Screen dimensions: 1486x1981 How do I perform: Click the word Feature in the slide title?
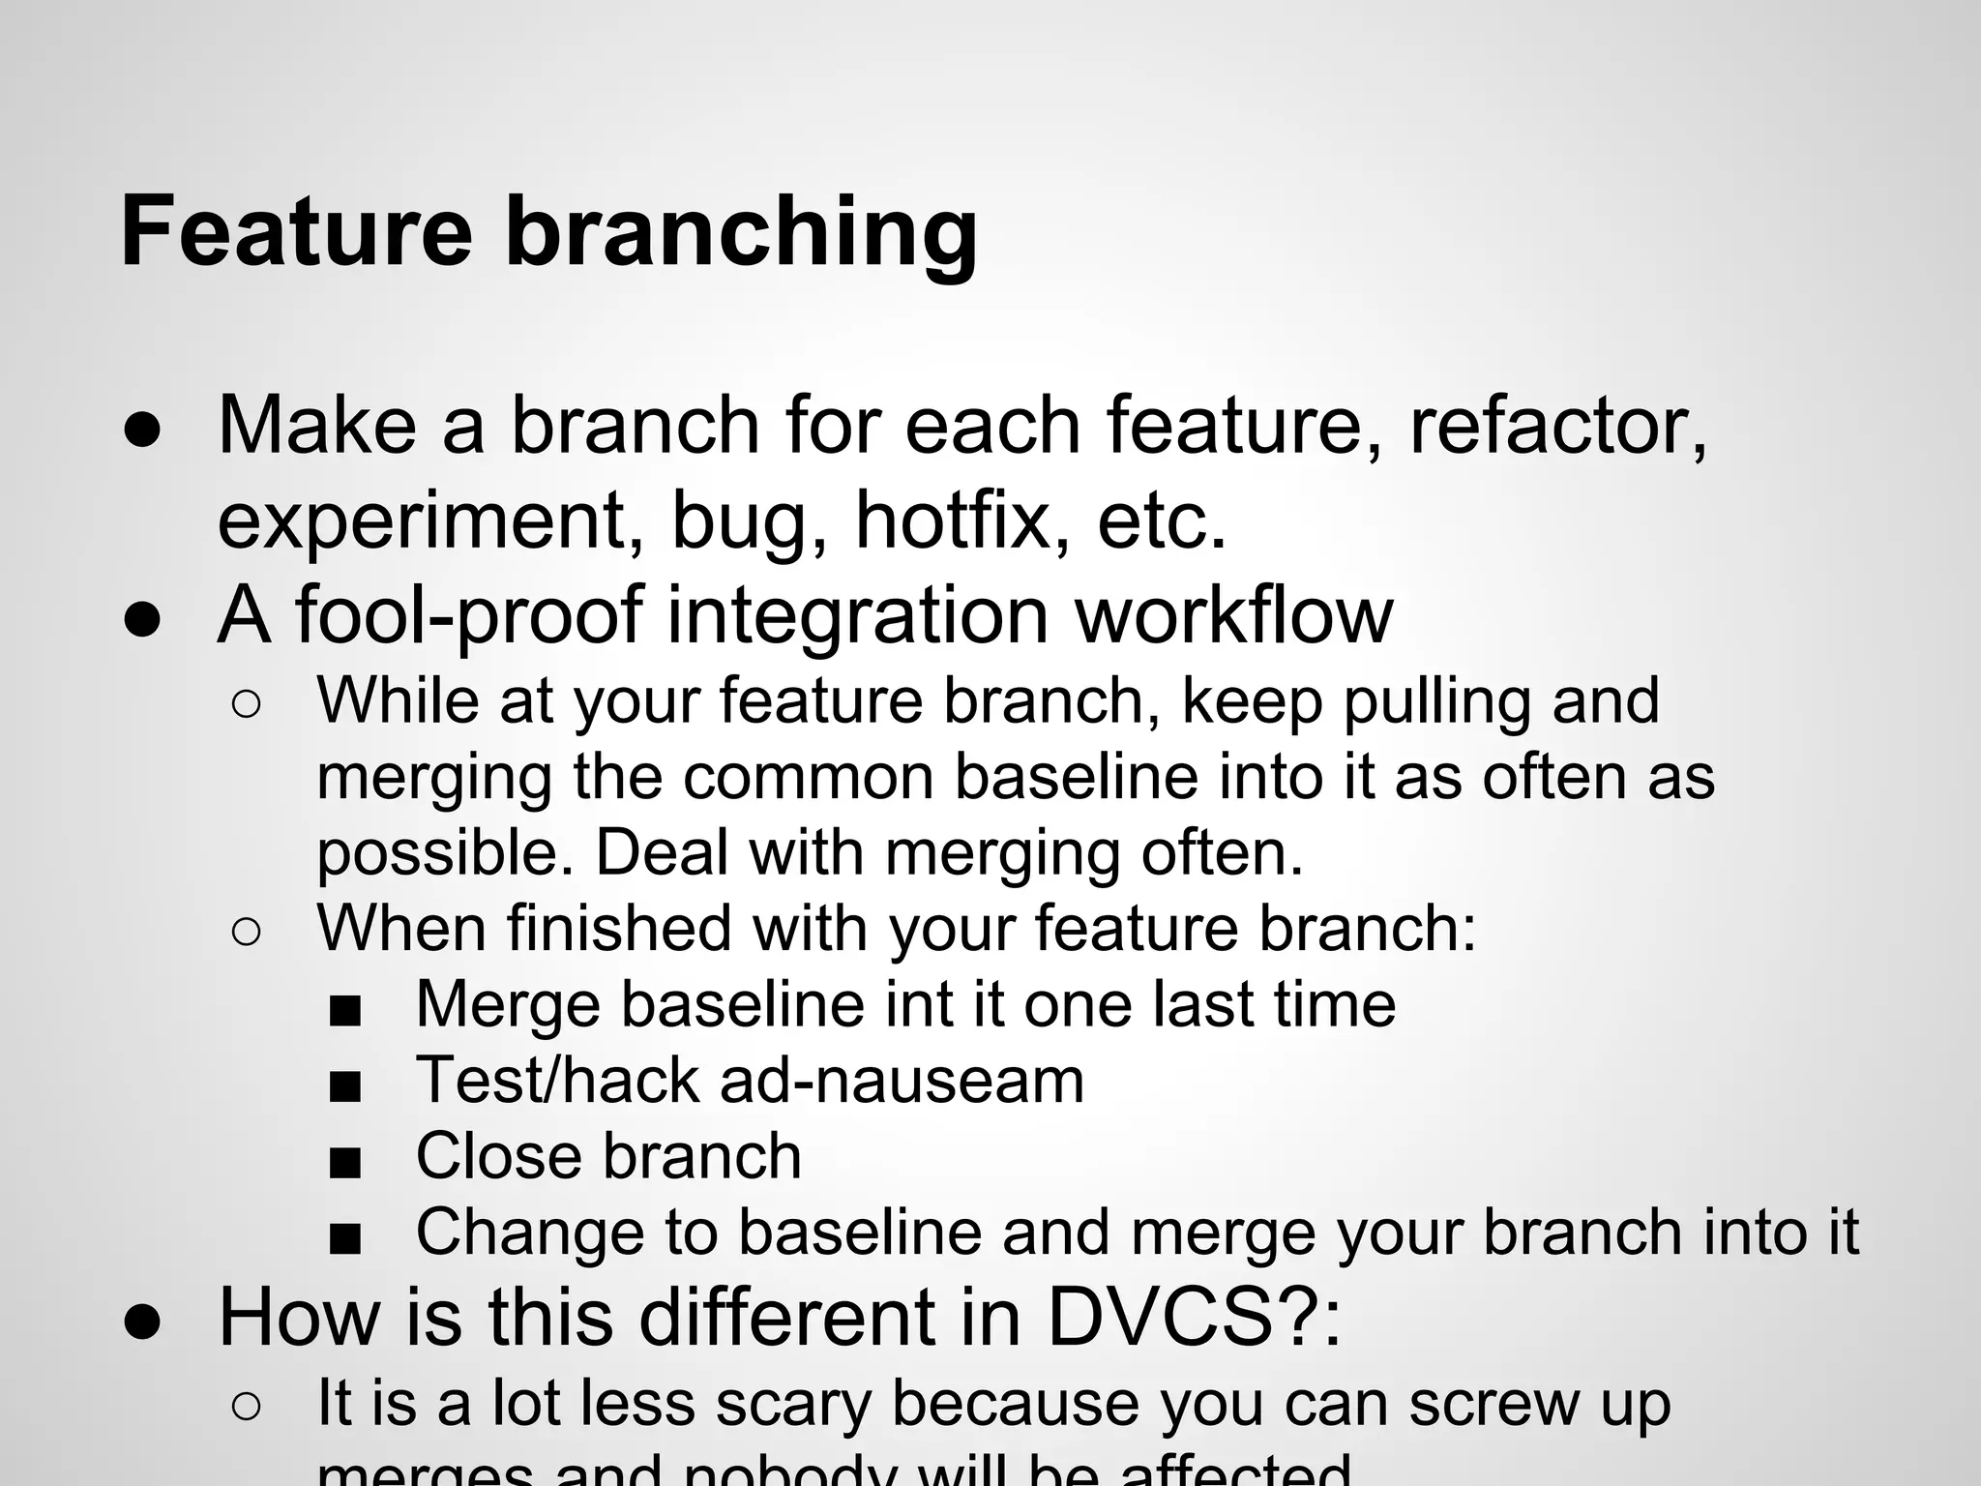tap(296, 232)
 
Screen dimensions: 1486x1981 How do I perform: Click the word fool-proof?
tap(470, 616)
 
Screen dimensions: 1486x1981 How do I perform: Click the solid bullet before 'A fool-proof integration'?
tap(142, 618)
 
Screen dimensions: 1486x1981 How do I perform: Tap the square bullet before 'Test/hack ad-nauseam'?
tap(344, 1086)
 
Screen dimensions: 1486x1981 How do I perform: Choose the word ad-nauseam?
tap(902, 1081)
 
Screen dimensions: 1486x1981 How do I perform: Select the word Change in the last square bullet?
tap(527, 1233)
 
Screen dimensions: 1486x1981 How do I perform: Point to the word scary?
tap(784, 1405)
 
